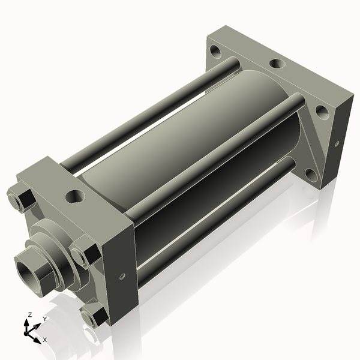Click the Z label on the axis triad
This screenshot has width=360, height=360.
coord(30,314)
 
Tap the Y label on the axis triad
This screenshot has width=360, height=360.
coord(44,319)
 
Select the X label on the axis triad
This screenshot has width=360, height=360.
coord(44,340)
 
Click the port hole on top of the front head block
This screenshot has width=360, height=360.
coord(76,196)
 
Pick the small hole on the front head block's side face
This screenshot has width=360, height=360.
coord(122,276)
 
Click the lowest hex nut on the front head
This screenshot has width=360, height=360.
coord(92,316)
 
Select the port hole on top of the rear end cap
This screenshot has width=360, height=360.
coord(277,63)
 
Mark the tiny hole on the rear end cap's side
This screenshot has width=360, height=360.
coord(337,143)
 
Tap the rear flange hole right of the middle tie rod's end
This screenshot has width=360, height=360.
coord(322,112)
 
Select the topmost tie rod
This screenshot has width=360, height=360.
coord(150,114)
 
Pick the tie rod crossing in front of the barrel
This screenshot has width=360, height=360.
coord(216,156)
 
